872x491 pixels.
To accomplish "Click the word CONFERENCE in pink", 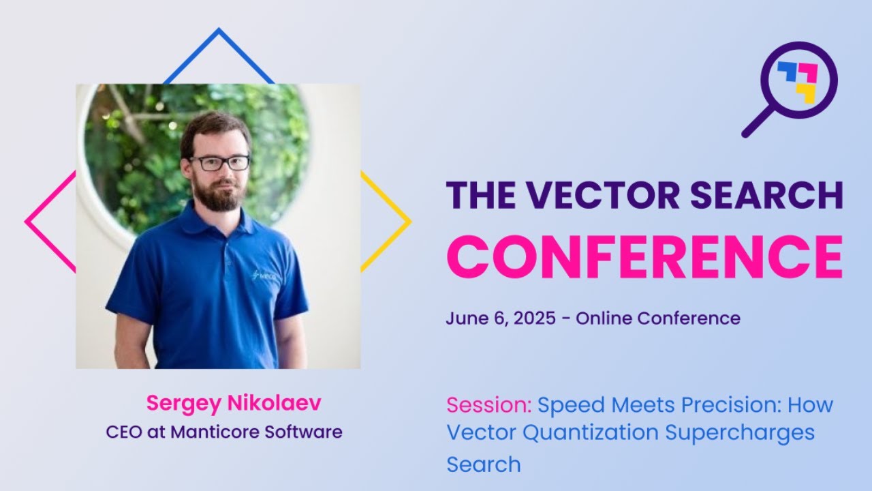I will tap(644, 257).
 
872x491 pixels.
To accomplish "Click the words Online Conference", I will tap(657, 318).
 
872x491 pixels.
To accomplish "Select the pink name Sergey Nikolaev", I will tap(233, 403).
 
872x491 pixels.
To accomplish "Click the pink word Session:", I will tap(488, 405).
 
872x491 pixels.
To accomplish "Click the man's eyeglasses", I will tap(219, 163).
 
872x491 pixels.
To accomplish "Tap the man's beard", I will tap(218, 196).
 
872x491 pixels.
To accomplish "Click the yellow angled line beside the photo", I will tap(386, 220).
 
